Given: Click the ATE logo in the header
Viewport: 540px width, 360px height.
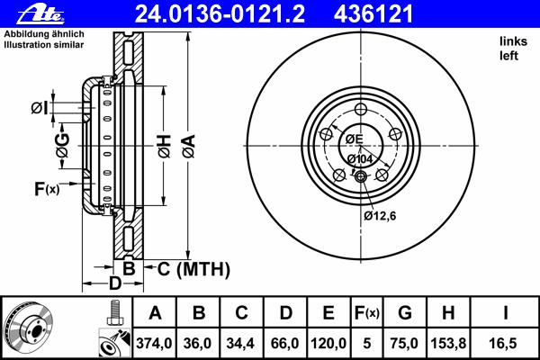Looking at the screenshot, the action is [40, 14].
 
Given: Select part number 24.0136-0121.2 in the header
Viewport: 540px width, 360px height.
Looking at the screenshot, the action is [220, 14].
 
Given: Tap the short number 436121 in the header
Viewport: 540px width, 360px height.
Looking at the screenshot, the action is [373, 14].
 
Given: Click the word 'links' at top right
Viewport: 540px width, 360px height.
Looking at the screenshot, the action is [513, 41].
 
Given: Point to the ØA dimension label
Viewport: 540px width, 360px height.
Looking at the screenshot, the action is [189, 147].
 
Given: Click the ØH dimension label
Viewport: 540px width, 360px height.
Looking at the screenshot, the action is [165, 147].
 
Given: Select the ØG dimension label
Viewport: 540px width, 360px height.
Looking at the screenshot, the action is [63, 146].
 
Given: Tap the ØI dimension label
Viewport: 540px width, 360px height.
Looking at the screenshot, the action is [40, 108].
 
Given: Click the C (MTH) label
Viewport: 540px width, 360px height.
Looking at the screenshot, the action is [193, 269].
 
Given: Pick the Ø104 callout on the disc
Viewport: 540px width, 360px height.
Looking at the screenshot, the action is [360, 159].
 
